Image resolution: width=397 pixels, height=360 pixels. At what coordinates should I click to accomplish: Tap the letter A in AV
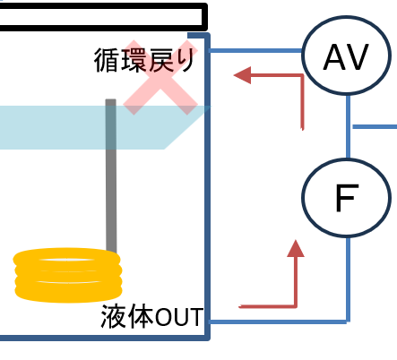(334, 56)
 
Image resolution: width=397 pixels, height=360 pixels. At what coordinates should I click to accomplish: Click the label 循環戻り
(144, 60)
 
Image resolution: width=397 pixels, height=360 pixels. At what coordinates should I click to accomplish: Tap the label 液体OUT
(152, 316)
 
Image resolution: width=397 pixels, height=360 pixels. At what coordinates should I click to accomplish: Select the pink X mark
(160, 78)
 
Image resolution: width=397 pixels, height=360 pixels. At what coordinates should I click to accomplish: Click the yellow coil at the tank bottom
(67, 275)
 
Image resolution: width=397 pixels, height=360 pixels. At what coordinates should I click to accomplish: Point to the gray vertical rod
(111, 176)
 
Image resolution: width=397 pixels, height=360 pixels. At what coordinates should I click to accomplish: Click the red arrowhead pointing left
(242, 75)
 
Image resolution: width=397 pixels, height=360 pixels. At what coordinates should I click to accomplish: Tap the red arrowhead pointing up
(296, 249)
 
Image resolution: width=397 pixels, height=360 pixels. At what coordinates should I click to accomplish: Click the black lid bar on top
(103, 17)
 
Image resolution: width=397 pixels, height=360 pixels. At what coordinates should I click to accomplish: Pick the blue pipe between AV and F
(348, 126)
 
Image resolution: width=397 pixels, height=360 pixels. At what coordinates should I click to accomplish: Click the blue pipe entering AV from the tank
(255, 51)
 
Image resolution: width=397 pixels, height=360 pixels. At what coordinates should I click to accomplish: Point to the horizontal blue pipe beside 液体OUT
(279, 321)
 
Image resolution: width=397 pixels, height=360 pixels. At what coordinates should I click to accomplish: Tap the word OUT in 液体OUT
(179, 317)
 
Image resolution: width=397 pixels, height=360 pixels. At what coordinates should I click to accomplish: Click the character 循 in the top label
(106, 60)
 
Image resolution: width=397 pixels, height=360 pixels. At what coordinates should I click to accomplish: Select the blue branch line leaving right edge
(375, 127)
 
